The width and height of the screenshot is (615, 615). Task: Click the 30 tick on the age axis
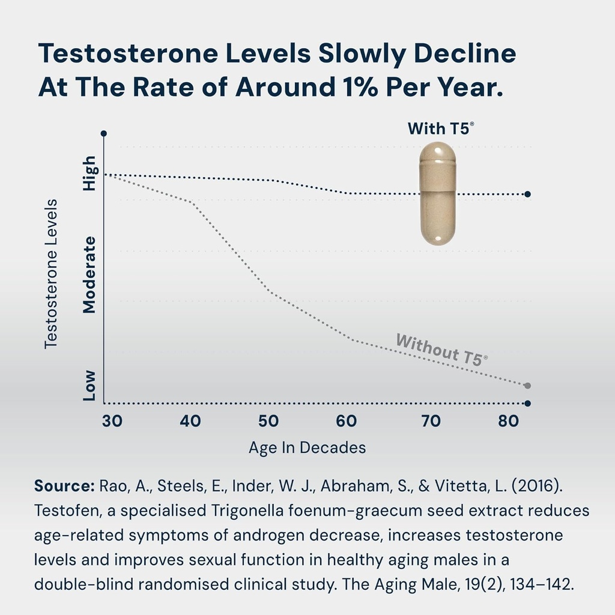(112, 421)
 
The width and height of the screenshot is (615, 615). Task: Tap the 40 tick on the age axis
(190, 421)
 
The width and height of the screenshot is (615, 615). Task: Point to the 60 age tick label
(347, 421)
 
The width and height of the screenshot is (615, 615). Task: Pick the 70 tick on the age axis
(431, 421)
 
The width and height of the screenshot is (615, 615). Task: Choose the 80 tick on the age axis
(509, 421)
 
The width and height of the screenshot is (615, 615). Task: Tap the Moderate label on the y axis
(89, 274)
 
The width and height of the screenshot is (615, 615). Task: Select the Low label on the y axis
(89, 386)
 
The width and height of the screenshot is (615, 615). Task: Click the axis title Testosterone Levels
(51, 273)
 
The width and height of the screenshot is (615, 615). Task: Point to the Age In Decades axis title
(307, 448)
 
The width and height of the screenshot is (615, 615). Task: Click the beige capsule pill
(438, 193)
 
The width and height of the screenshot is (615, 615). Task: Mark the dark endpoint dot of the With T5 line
(527, 194)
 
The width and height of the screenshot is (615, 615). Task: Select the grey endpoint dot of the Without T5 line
(527, 386)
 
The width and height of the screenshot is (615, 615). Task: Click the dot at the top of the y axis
(104, 133)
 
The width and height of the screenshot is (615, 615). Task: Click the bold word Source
(65, 486)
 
